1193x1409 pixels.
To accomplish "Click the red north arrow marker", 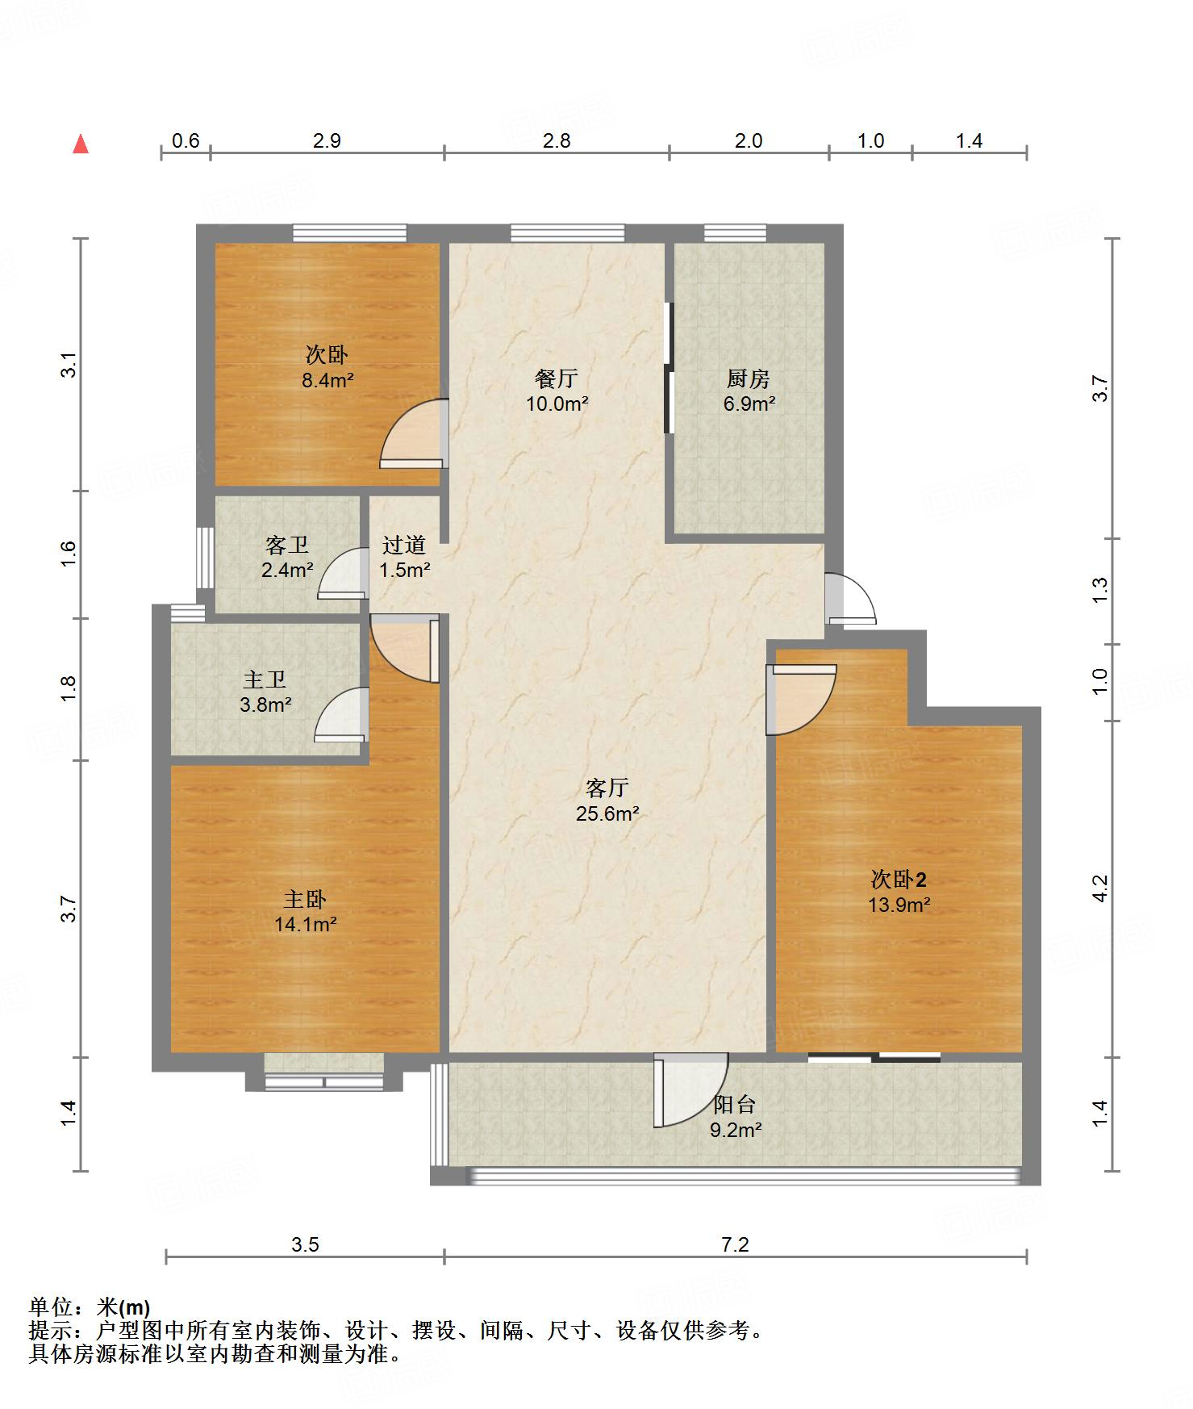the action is (81, 144).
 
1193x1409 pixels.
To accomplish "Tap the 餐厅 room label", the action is (557, 378).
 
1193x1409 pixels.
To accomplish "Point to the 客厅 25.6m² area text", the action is (607, 800).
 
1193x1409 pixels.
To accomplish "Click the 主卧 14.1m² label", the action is (305, 911).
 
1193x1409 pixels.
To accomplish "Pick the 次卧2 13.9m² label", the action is (899, 891).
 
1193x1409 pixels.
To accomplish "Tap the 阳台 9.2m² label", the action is (736, 1116).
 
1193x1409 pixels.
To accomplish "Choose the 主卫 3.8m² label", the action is (265, 692).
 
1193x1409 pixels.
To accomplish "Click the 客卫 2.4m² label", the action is (287, 557).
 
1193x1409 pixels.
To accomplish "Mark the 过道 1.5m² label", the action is (405, 557).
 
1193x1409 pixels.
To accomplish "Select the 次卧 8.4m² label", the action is (327, 367).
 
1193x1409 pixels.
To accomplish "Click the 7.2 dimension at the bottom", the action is (736, 1244).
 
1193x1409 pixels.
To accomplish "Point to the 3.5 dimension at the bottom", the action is (305, 1244).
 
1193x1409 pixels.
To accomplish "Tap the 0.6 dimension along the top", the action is (186, 140).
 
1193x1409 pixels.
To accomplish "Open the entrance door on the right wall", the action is (850, 598).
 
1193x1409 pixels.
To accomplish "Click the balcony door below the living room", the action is (690, 1090).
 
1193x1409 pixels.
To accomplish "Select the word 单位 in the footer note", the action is (51, 1307).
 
